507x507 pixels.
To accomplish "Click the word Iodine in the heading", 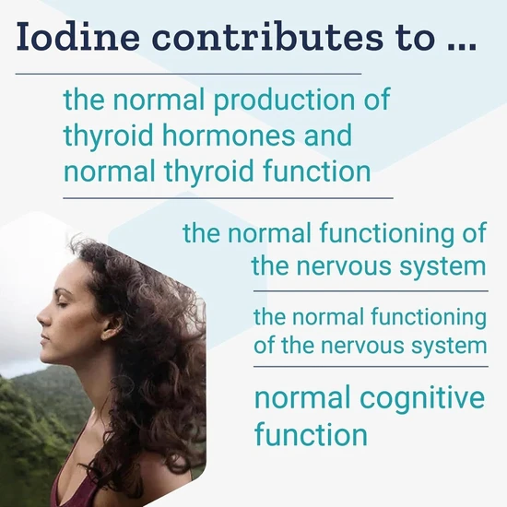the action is coord(78,36).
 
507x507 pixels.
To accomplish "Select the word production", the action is coord(284,100).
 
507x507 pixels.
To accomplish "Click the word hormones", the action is coord(229,135).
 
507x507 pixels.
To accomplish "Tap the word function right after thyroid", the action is coord(317,171).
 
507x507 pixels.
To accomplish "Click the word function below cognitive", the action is coord(311,434).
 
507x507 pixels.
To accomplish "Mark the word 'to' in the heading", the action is coord(416,38).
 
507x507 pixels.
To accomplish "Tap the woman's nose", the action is coord(43,317).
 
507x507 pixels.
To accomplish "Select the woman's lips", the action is coord(44,337).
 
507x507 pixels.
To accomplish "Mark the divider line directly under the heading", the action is coord(188,74).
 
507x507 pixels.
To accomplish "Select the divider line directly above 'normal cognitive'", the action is coord(371,367).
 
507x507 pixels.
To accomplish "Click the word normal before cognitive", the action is coord(302,397).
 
